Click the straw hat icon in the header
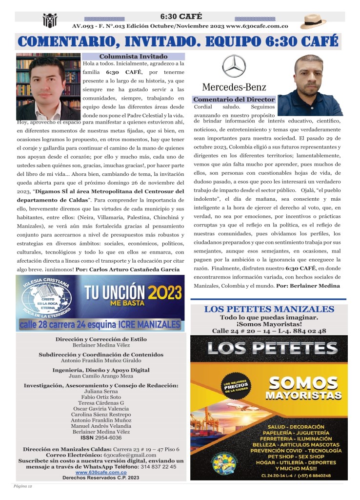(x=313, y=21)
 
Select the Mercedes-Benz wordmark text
(x=234, y=87)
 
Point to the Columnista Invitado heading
(x=133, y=57)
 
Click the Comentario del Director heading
(x=234, y=99)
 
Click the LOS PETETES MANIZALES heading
(x=269, y=309)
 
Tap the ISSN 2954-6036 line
(x=101, y=437)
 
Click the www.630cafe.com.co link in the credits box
(x=101, y=472)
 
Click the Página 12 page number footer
(x=22, y=487)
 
